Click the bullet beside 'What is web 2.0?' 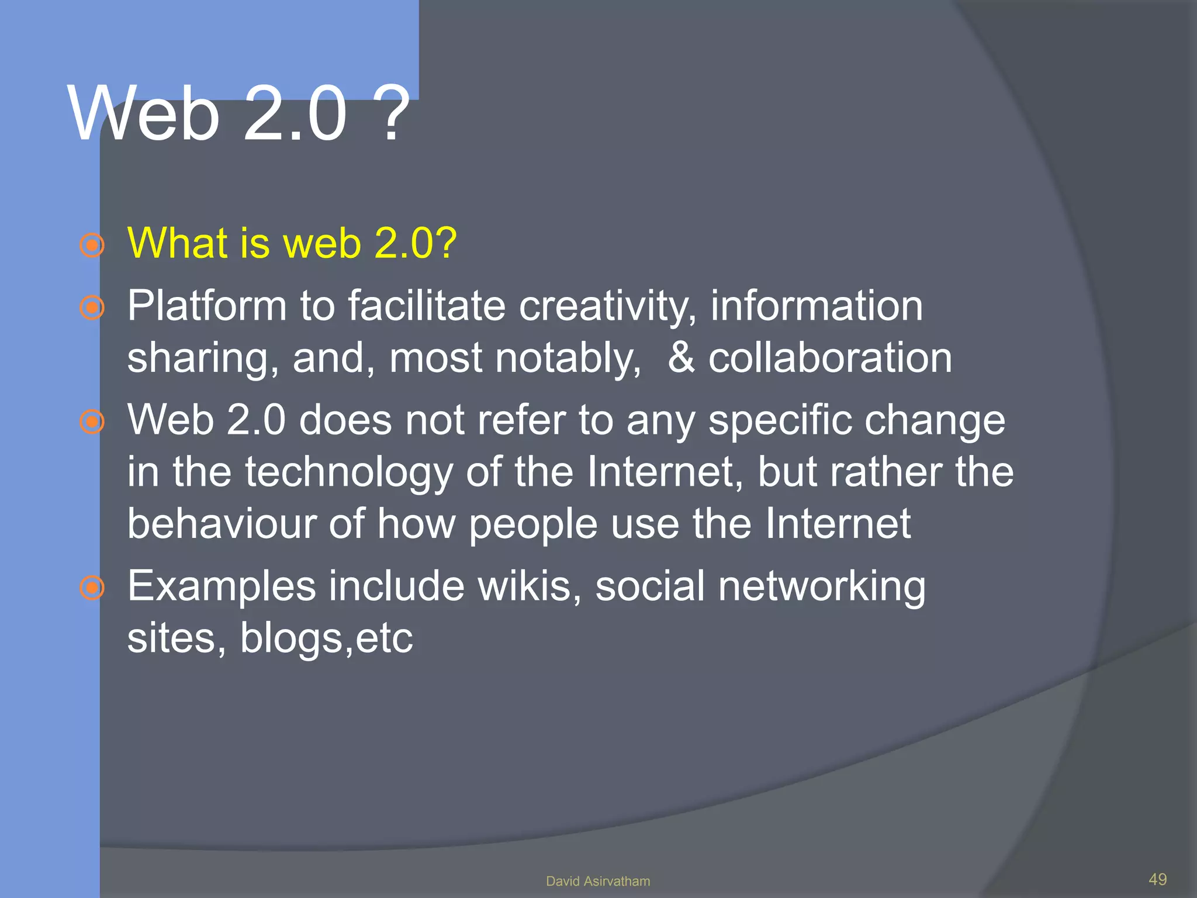click(92, 246)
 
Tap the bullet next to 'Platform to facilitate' click(92, 308)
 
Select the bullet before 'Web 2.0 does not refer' click(92, 422)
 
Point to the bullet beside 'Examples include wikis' click(92, 588)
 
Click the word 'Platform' click(206, 306)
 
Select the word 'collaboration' click(830, 358)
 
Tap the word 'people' click(533, 524)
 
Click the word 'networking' click(822, 587)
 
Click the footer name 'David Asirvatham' click(598, 881)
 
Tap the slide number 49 click(1158, 879)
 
